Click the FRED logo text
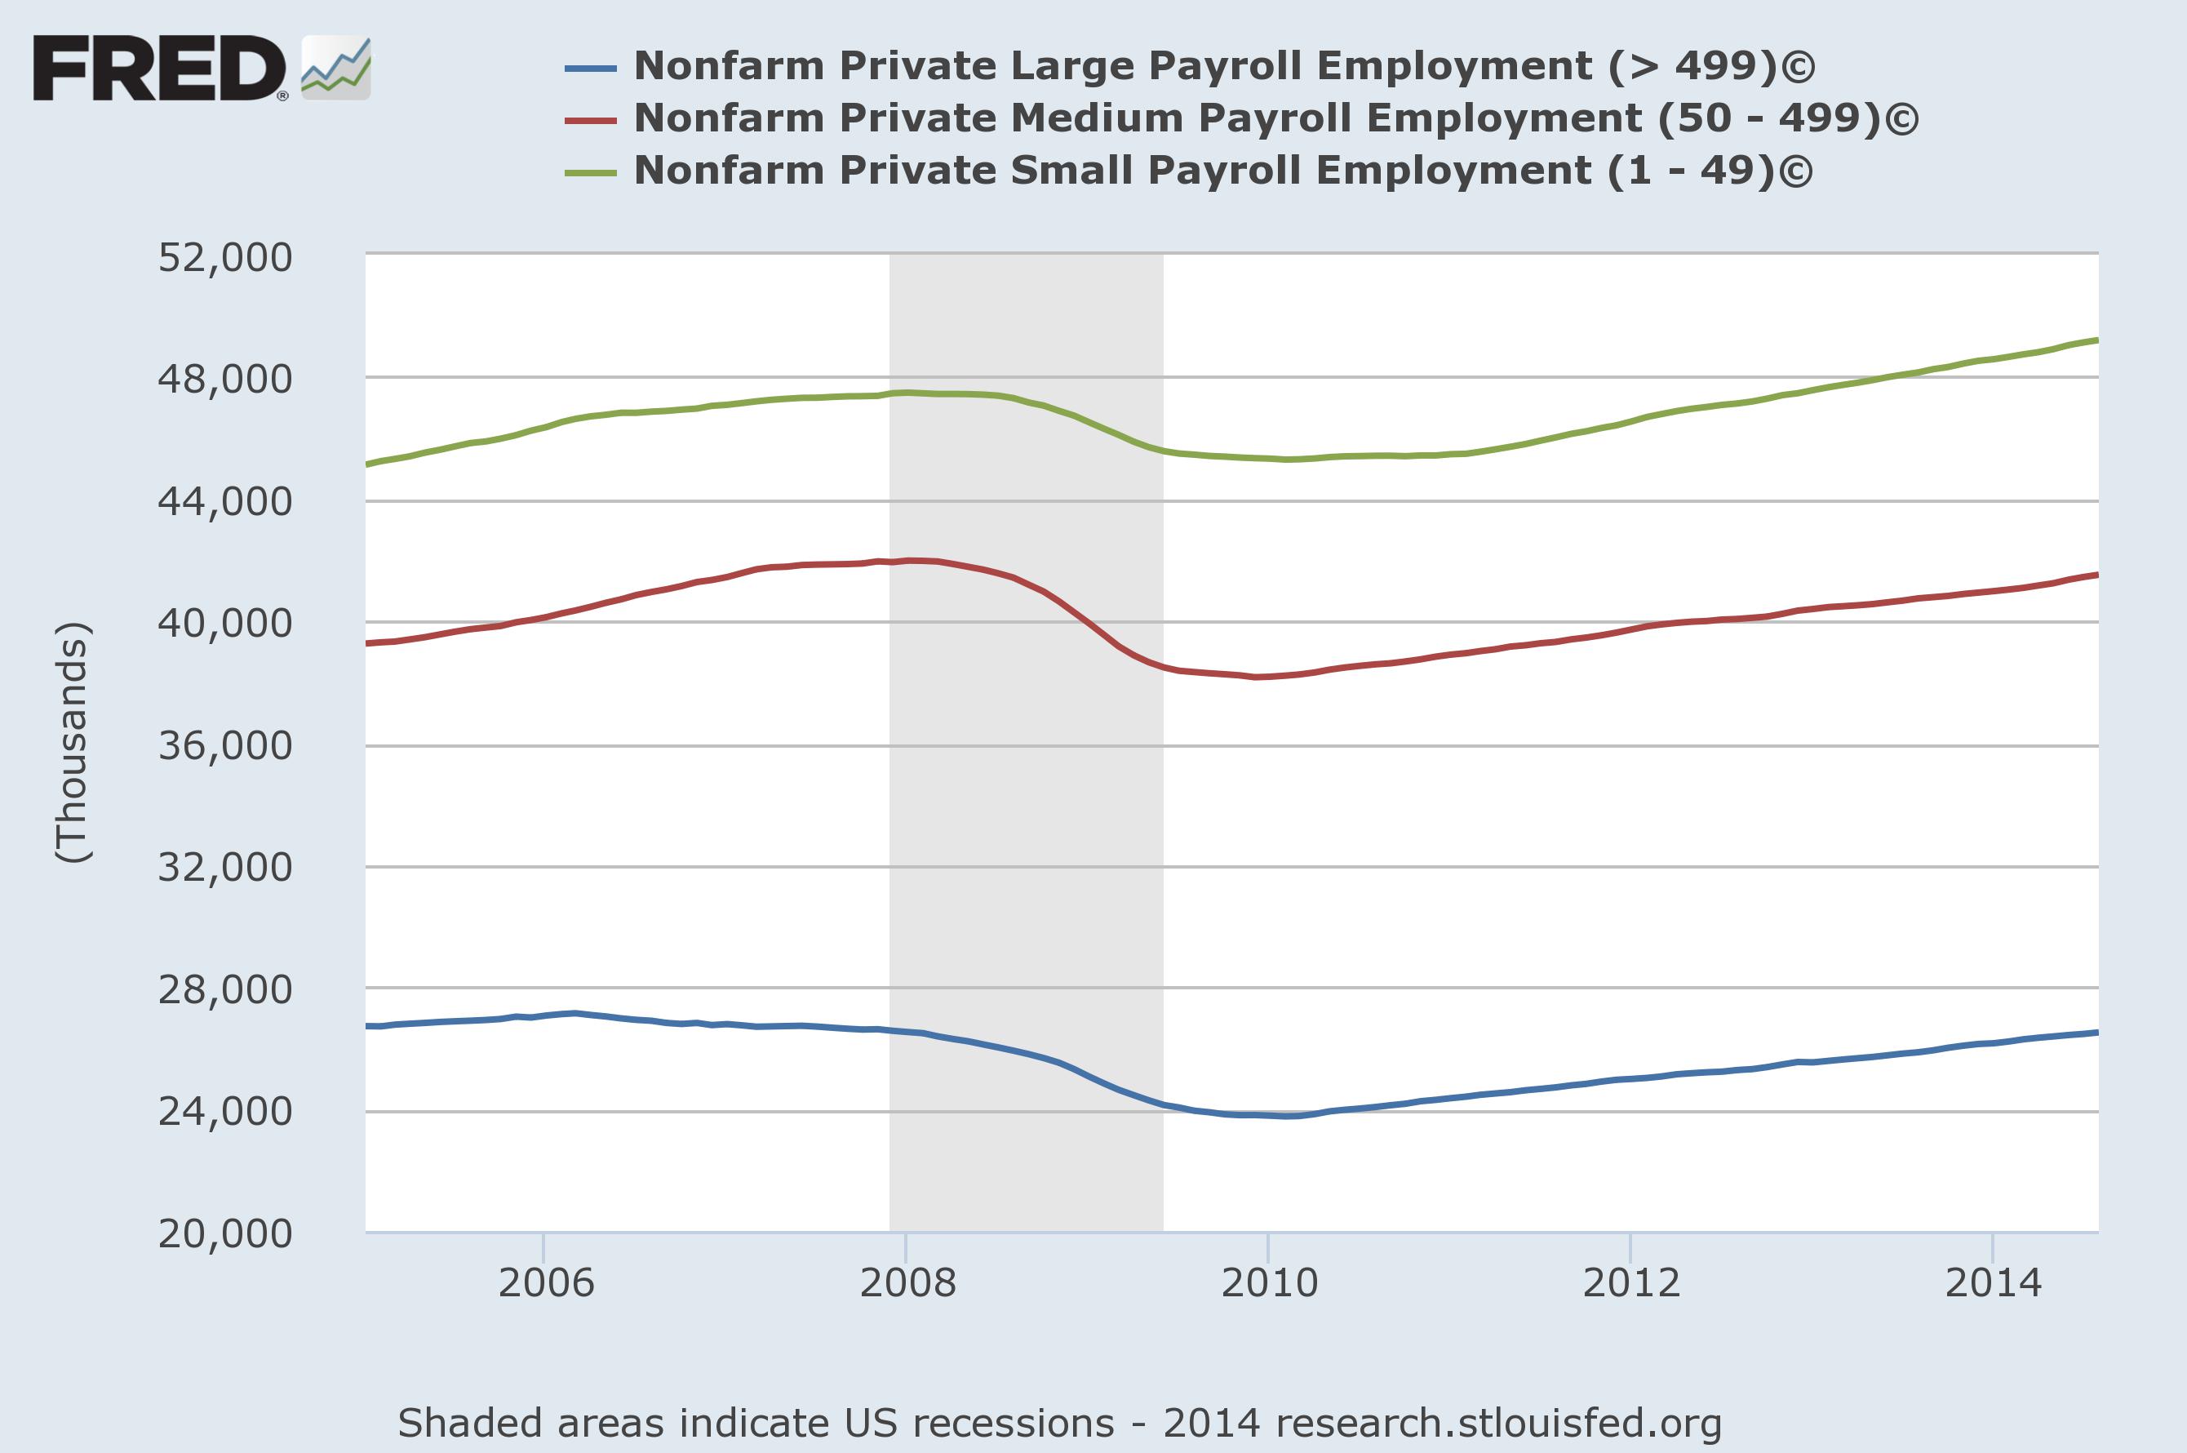coord(159,68)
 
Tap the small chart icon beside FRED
coord(335,69)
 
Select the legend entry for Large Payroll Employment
coord(1223,67)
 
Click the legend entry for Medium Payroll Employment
coord(1275,118)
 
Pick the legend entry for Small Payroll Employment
coord(1222,171)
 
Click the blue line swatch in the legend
coord(590,68)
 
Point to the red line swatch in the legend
coord(590,119)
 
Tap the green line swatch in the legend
coord(590,172)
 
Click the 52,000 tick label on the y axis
coord(225,258)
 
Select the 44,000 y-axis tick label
coord(225,502)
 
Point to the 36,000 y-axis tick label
coord(225,746)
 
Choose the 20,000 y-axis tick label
coord(225,1234)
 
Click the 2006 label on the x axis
coord(546,1283)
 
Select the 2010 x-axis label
coord(1269,1283)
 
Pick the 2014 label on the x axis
coord(1993,1283)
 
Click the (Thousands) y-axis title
coord(73,742)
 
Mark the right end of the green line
coord(2096,340)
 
